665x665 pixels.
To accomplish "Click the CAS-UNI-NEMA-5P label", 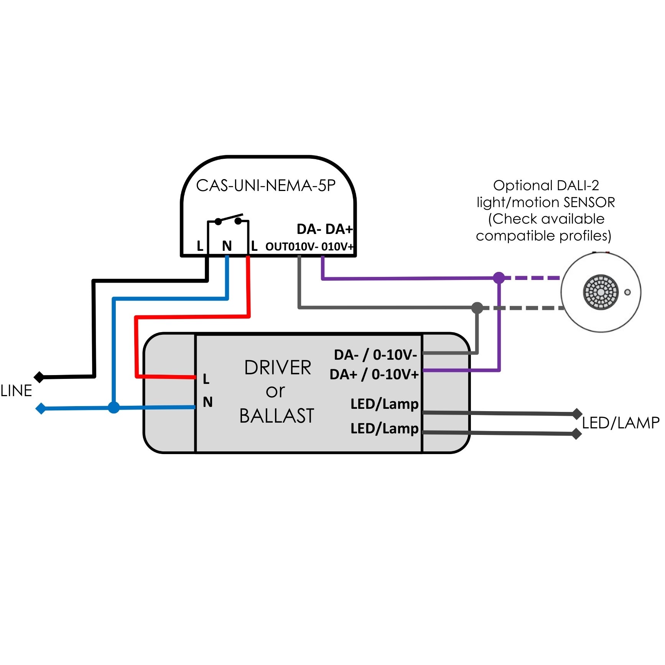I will coord(265,186).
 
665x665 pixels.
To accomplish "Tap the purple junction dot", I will coord(499,278).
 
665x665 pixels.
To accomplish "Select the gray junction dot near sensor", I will coord(477,308).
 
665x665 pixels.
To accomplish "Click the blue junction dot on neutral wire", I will coord(114,407).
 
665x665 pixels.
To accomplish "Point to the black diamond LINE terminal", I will coord(39,377).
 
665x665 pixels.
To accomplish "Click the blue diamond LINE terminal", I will coord(41,408).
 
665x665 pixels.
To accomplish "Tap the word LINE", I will coord(16,391).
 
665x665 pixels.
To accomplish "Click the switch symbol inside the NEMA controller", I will coord(228,220).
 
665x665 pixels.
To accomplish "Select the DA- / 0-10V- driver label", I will coord(375,355).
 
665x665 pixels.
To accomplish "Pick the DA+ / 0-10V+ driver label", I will coord(374,374).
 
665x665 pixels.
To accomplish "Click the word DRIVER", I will coord(278,367).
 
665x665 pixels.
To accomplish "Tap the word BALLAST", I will coord(277,416).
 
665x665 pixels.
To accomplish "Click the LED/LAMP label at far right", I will coord(620,423).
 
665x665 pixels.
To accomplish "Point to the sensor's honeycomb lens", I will coord(601,292).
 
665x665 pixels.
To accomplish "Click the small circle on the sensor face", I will coord(627,292).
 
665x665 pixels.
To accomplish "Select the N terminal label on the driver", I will coord(207,402).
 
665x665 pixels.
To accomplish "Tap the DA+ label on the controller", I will coord(339,229).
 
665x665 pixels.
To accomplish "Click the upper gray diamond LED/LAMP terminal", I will coord(577,414).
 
